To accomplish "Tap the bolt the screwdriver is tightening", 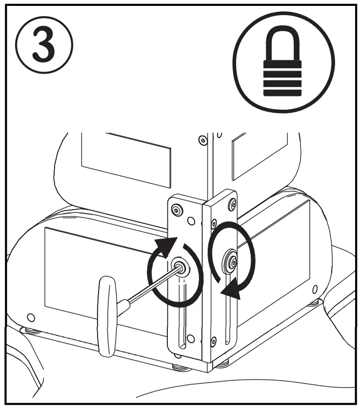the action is pos(180,267).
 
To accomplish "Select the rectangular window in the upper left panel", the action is pos(126,157).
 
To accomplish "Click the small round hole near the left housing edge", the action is pos(31,318).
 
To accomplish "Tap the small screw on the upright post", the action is pos(201,140).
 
